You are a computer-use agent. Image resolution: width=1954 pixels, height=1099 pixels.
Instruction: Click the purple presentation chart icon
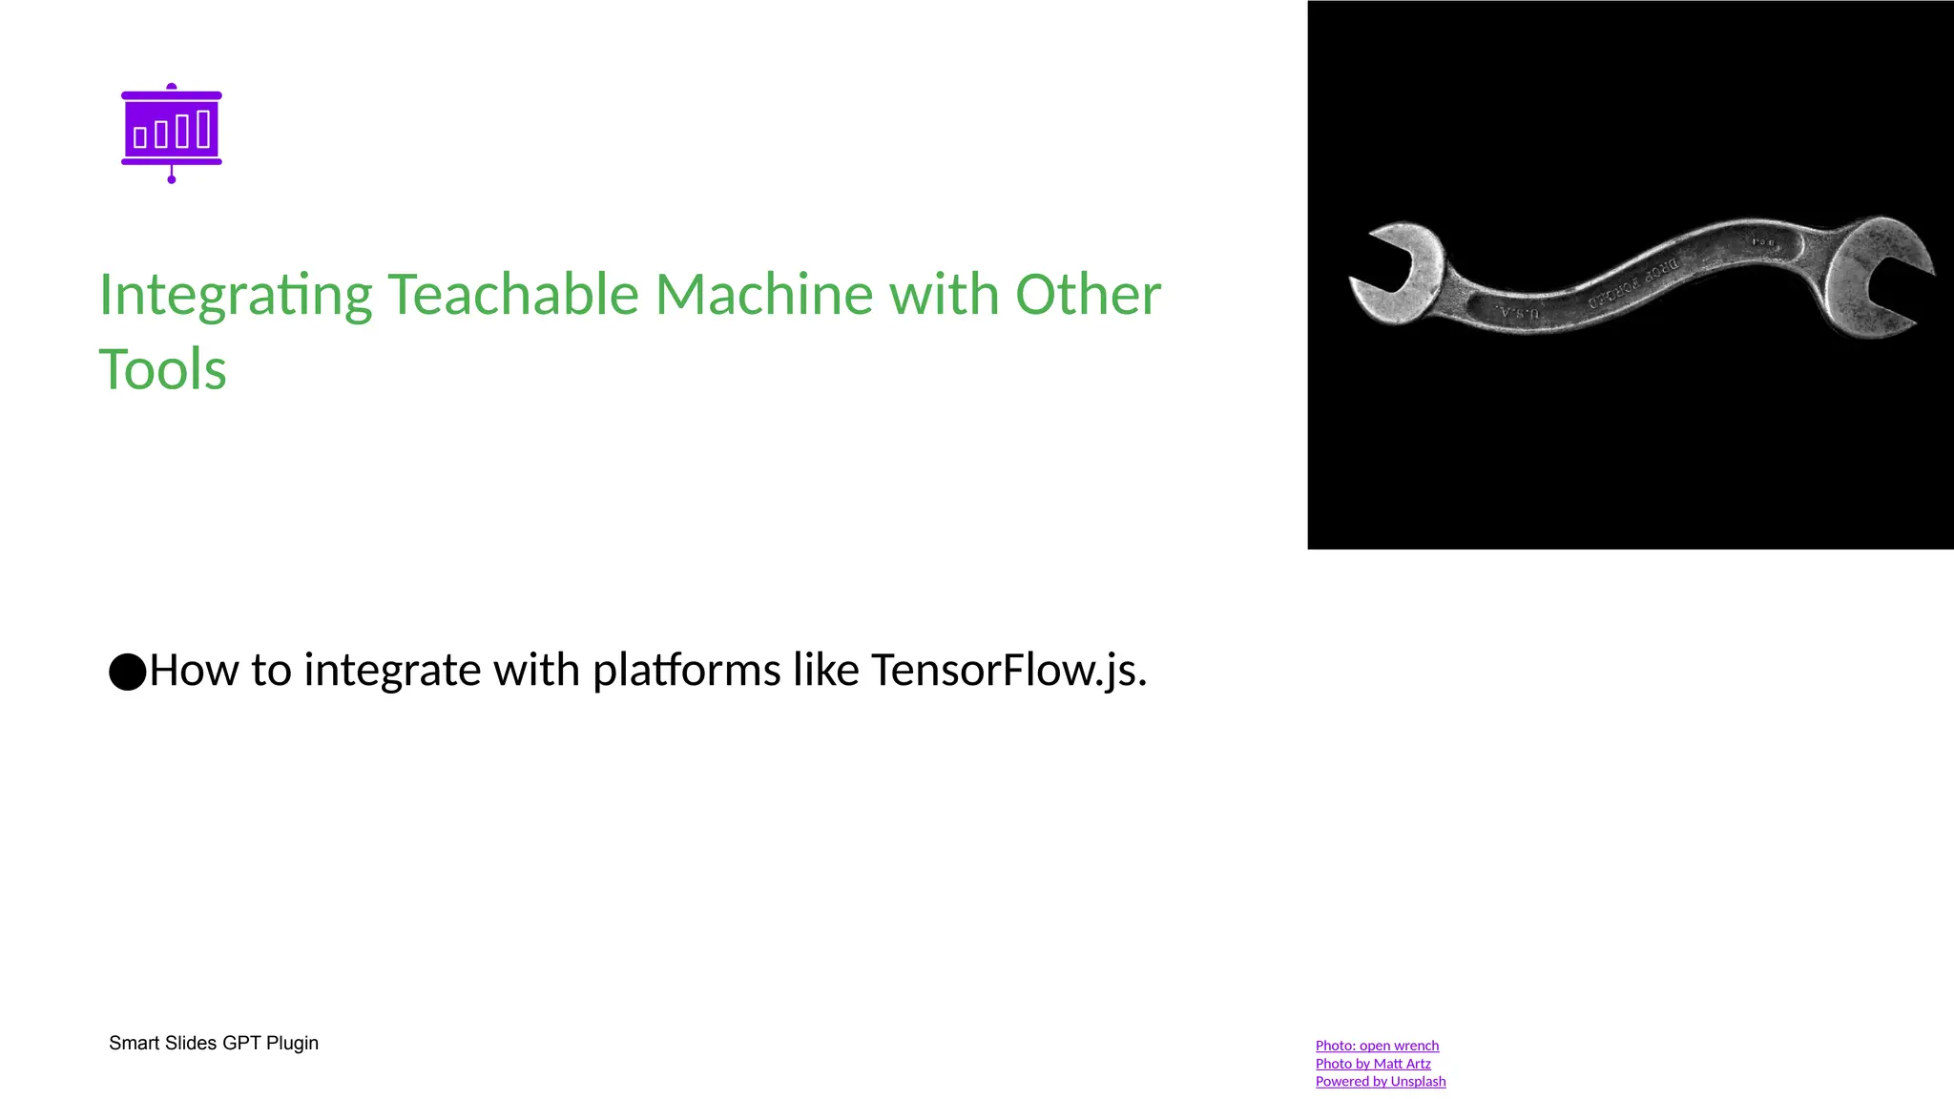(x=172, y=132)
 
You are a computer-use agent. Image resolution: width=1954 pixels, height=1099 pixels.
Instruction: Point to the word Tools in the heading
(x=163, y=369)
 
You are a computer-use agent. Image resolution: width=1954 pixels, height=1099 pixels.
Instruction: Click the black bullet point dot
(x=127, y=672)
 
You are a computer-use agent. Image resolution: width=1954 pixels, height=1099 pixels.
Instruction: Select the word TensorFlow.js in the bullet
(x=1008, y=670)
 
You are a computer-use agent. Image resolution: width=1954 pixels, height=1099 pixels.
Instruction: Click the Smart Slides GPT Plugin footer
(x=214, y=1043)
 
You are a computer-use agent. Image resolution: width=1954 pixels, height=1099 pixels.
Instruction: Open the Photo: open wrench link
(x=1377, y=1046)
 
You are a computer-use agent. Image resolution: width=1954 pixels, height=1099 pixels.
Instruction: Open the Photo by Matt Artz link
(x=1373, y=1064)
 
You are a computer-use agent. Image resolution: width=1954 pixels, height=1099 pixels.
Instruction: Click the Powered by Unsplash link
(x=1381, y=1082)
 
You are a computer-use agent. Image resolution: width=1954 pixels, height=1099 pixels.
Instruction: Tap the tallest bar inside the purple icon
(x=203, y=129)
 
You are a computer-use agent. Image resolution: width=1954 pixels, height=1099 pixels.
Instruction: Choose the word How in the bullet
(x=194, y=670)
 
